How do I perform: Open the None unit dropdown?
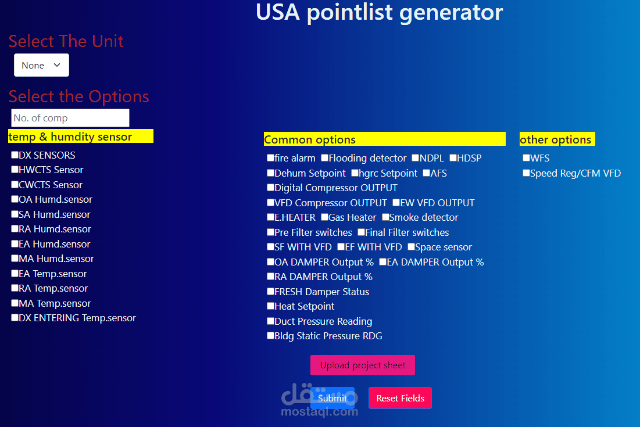(x=41, y=65)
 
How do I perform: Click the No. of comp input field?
(x=70, y=118)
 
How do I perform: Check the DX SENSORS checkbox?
(x=15, y=155)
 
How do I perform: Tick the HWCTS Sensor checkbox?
(x=15, y=170)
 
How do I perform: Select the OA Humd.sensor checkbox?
(x=15, y=199)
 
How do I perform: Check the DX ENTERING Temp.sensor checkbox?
(x=15, y=318)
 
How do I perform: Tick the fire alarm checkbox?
(x=270, y=158)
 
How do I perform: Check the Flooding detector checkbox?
(x=325, y=158)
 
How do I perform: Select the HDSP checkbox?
(x=453, y=158)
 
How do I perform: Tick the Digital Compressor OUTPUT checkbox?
(x=270, y=188)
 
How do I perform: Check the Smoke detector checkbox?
(x=385, y=217)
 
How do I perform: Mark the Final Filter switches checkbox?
(x=361, y=232)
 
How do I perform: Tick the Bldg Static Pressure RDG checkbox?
(x=270, y=336)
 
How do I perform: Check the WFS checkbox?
(x=526, y=158)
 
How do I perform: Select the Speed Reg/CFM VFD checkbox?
(x=526, y=173)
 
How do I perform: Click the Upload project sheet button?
(x=363, y=365)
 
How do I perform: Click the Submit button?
(x=332, y=398)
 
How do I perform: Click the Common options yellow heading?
(x=384, y=139)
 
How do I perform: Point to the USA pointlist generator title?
(x=379, y=12)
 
